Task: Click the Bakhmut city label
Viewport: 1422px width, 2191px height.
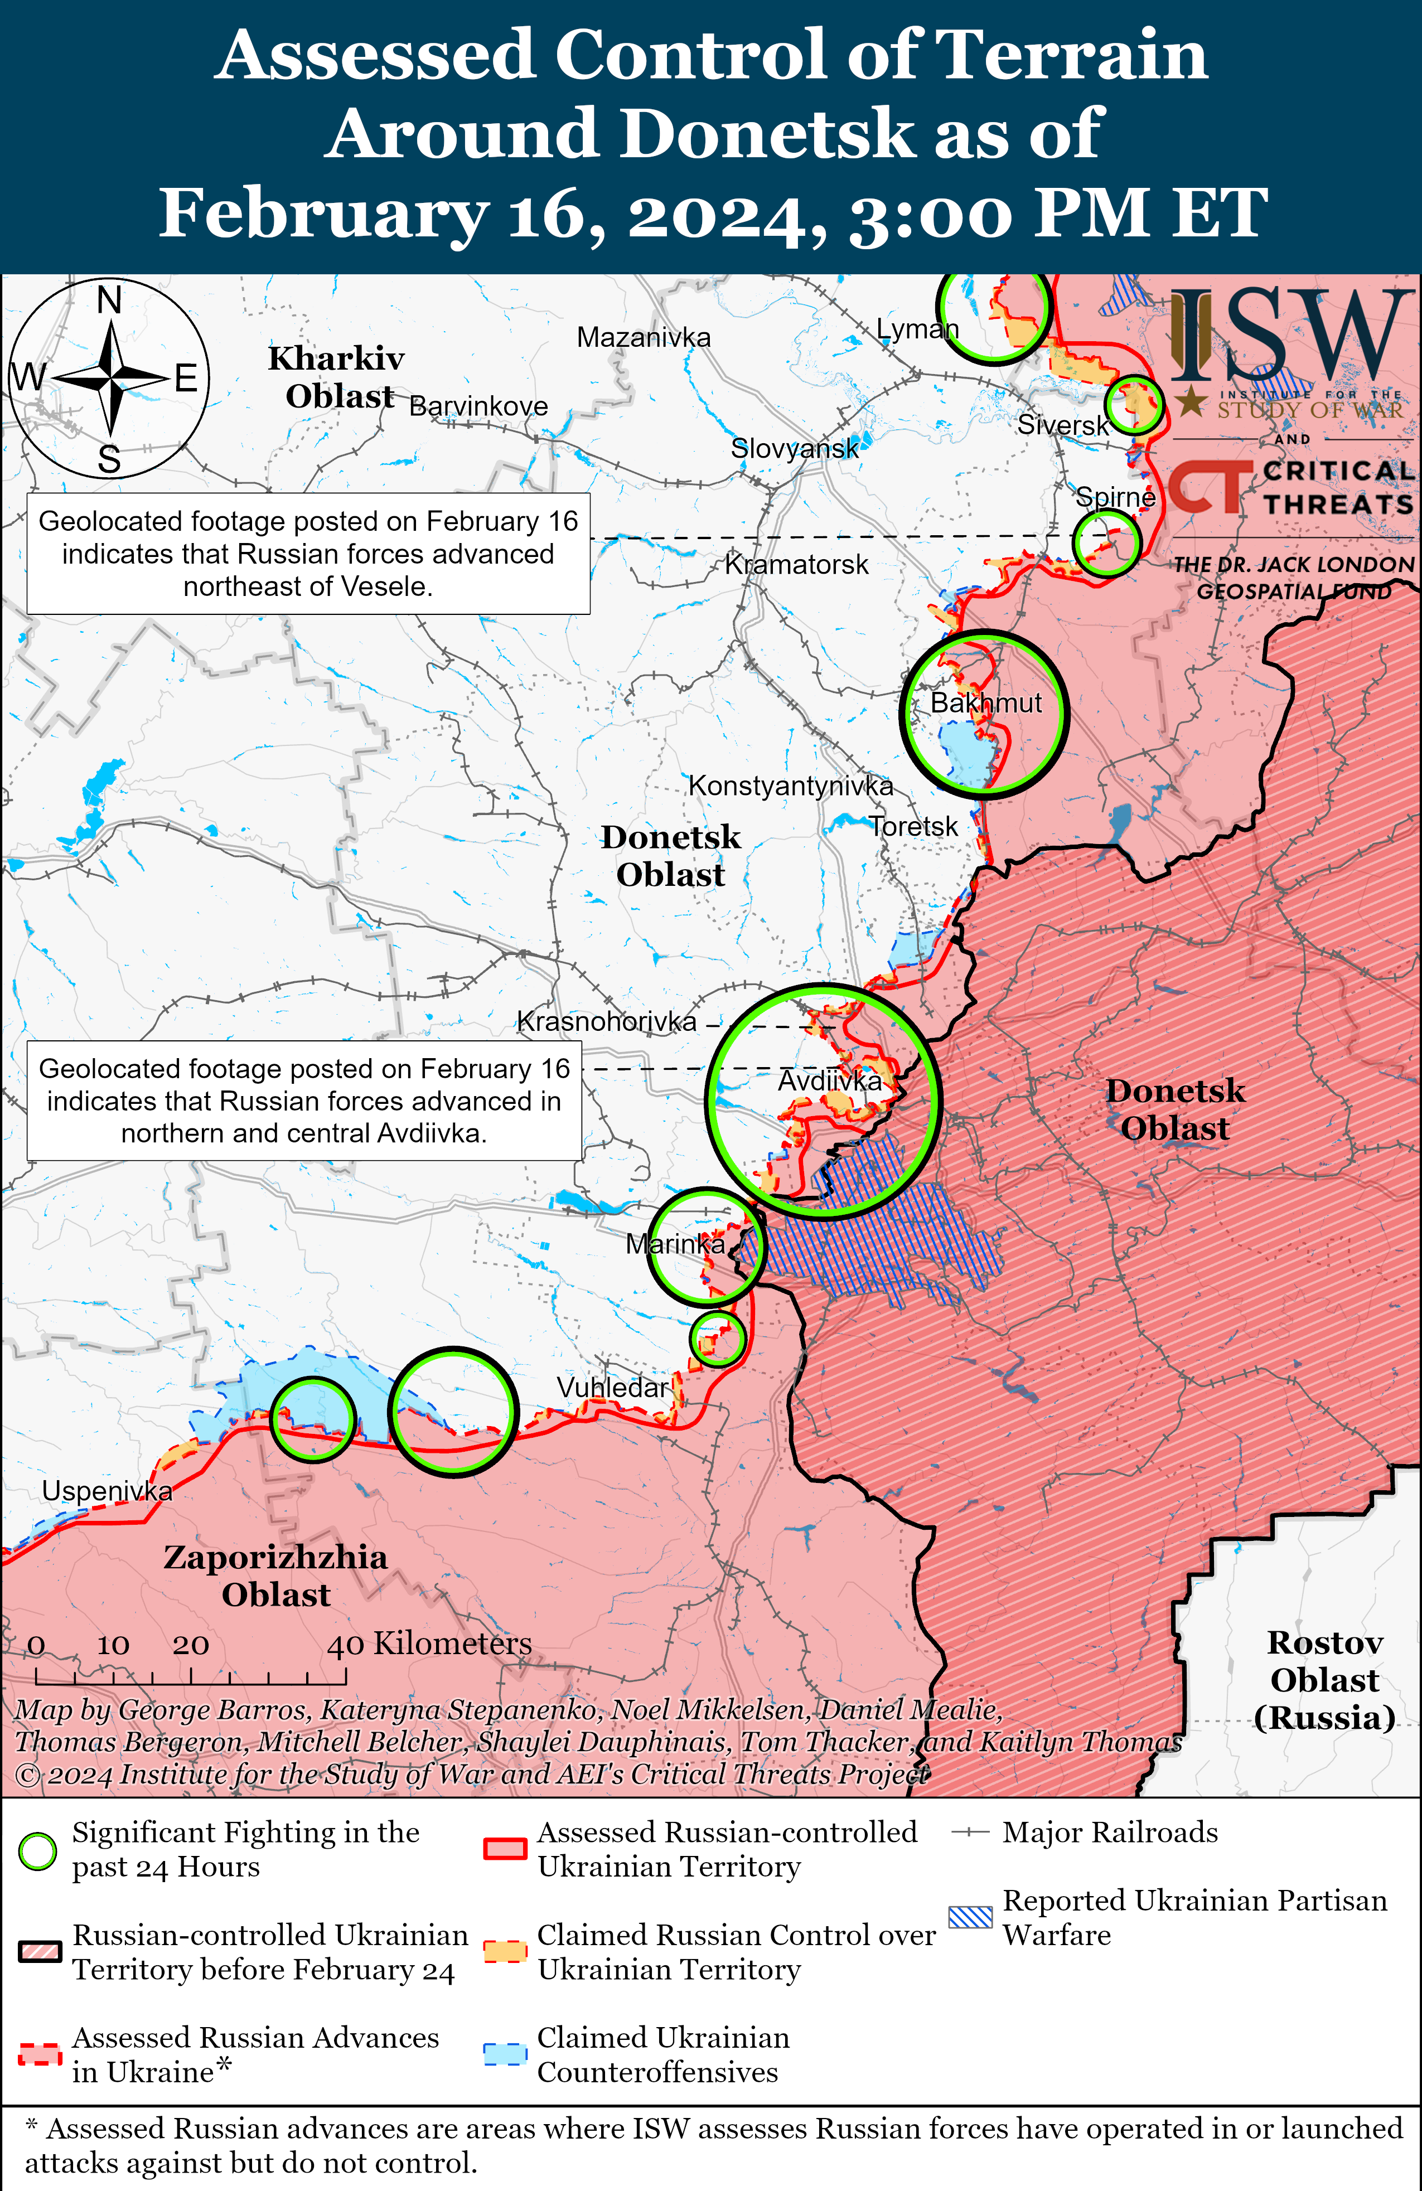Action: (985, 704)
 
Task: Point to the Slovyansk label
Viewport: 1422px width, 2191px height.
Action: (794, 448)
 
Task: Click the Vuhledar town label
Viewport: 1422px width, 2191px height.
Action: (612, 1387)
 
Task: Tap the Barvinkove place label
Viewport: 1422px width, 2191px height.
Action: (478, 406)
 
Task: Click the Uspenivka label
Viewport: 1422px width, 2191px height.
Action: (107, 1490)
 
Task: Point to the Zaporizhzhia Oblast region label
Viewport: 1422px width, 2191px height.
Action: (275, 1575)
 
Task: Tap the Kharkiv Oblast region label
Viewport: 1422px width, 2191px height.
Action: (337, 376)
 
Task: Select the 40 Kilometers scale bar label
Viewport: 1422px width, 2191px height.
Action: (429, 1644)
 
